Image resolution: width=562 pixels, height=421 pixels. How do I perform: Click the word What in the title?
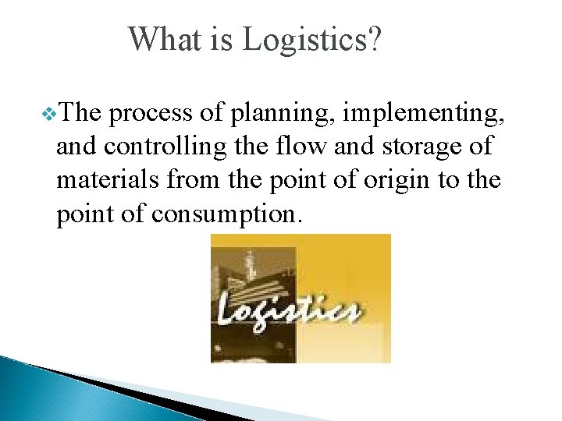coord(165,39)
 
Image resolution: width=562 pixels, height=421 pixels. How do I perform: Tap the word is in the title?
coord(221,39)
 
